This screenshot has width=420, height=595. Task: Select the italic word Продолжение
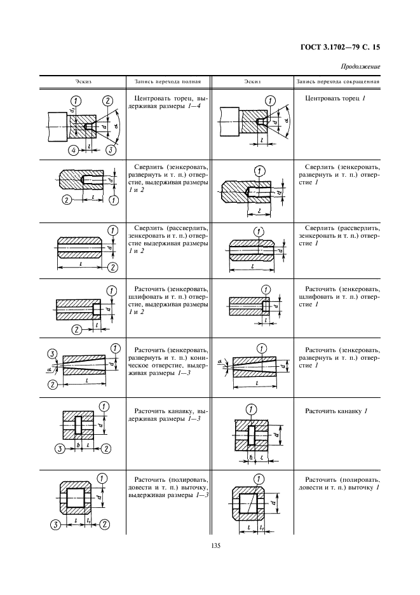[360, 66]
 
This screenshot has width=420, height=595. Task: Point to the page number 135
[210, 544]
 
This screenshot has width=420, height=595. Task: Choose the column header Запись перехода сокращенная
[338, 82]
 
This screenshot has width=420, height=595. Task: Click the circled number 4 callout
[73, 150]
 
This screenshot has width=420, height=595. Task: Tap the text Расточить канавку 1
[336, 411]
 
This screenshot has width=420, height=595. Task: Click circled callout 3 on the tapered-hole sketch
[54, 354]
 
